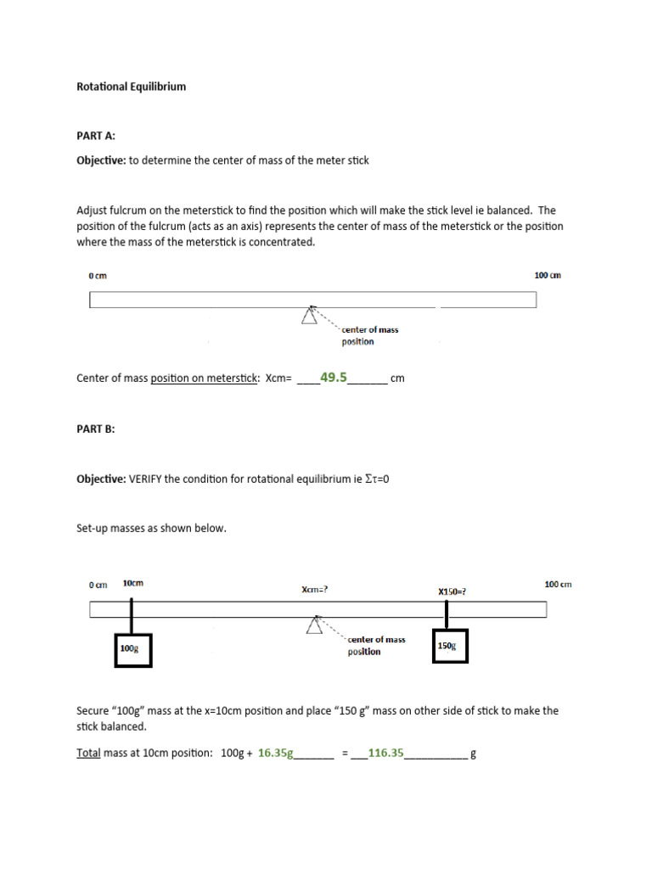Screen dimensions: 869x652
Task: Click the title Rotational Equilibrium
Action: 131,87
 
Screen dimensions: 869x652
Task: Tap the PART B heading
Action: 95,429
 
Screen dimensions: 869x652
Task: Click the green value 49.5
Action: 334,378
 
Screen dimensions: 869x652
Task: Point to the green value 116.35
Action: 386,753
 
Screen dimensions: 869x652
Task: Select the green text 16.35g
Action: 275,753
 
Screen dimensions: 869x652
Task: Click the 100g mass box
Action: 132,649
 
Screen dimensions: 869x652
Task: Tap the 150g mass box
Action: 449,646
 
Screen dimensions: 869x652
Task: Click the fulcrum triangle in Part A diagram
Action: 310,315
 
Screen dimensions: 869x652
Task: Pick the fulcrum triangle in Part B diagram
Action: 315,625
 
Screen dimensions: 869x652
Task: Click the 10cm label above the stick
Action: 133,584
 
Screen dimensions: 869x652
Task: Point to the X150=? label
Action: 452,591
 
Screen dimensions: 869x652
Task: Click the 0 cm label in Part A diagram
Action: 98,276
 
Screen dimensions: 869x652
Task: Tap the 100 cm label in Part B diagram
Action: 557,584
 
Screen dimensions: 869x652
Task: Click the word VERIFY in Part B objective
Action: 145,479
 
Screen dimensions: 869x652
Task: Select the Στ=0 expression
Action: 377,479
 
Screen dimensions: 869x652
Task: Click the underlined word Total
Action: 88,754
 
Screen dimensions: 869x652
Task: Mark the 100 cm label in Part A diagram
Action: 548,275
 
